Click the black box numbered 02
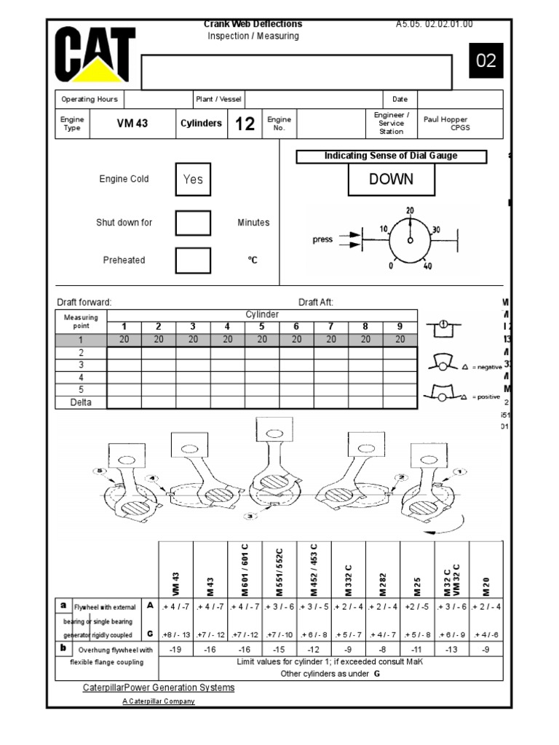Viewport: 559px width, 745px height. (485, 61)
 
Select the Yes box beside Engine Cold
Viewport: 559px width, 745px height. (193, 179)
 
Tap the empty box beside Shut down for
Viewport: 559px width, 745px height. (193, 223)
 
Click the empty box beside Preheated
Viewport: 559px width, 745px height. (193, 260)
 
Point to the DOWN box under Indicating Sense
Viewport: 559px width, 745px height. (391, 179)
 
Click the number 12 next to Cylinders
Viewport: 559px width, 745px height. (245, 124)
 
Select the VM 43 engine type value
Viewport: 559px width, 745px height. (132, 124)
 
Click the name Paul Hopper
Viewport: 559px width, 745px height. (445, 119)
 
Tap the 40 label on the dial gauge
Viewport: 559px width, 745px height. (427, 266)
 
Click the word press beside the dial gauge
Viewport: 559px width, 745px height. (322, 239)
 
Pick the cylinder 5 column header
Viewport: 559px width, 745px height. (262, 327)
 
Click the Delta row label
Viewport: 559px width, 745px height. (82, 402)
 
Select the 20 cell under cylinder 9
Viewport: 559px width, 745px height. (400, 339)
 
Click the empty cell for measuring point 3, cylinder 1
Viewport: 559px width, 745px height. (124, 365)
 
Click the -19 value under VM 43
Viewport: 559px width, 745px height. (175, 649)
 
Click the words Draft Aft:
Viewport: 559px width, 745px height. (316, 302)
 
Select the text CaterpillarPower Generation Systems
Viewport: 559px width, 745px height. (159, 688)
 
